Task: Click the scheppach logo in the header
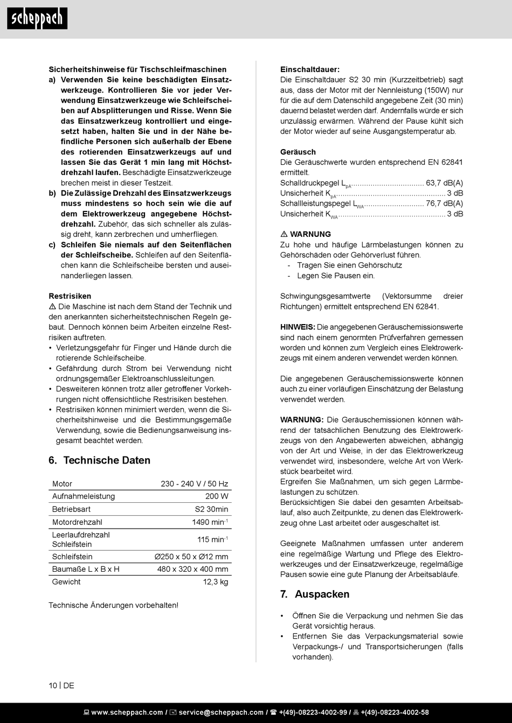[37, 19]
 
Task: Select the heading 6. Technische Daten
[99, 460]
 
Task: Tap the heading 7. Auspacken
[315, 594]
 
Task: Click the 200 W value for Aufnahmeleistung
[217, 496]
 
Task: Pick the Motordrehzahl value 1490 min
[210, 522]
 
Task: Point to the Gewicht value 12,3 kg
[216, 582]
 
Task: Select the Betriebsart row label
[71, 509]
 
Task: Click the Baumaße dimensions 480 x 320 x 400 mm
[192, 569]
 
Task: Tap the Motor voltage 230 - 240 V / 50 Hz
[194, 484]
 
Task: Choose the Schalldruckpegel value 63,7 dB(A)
[444, 183]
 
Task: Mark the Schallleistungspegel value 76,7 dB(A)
[444, 203]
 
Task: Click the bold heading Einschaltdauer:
[310, 69]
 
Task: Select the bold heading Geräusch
[298, 152]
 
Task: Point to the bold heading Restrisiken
[70, 296]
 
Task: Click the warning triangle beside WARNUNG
[284, 234]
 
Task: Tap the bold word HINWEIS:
[297, 327]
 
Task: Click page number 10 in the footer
[53, 685]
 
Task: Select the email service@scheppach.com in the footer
[221, 713]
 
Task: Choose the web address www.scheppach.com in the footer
[127, 713]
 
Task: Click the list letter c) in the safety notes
[52, 245]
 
